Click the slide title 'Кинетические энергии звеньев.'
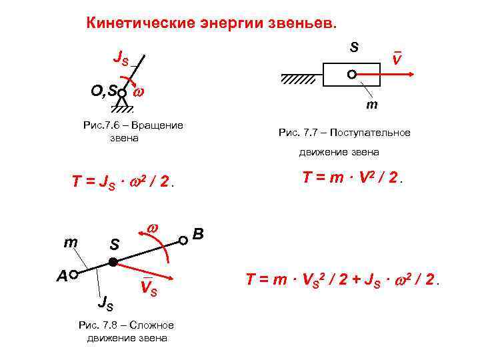point(213,23)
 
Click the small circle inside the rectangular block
point(351,75)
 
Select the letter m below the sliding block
point(371,105)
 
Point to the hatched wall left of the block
point(298,79)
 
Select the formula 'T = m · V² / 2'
point(354,178)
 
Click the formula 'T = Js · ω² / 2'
point(123,182)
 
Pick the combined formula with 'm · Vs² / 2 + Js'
point(344,280)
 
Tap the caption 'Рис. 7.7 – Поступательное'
point(344,133)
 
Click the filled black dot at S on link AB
point(113,261)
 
